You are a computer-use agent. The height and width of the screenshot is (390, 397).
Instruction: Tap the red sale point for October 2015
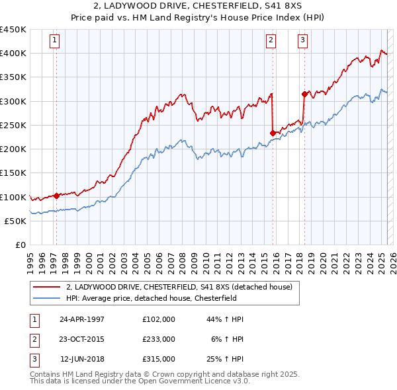tap(273, 133)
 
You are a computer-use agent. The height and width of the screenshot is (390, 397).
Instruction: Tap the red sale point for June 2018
tap(304, 94)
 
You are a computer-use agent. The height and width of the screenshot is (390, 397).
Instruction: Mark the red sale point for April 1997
tap(56, 196)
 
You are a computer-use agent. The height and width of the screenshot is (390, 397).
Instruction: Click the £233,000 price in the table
tap(158, 338)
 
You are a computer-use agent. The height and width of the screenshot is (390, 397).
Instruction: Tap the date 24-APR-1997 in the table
tap(82, 319)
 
